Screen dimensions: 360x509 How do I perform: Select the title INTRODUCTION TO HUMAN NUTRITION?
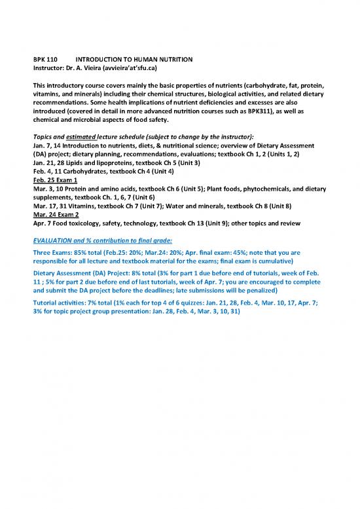coord(134,60)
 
